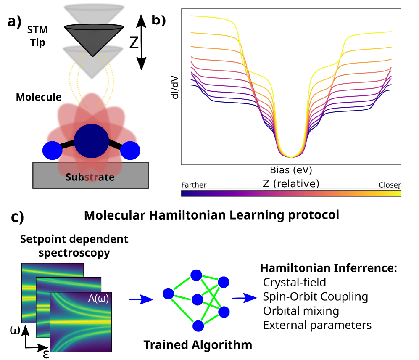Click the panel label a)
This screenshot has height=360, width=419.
point(14,21)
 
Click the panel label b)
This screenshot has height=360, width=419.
point(159,20)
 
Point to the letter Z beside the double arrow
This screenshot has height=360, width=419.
point(134,43)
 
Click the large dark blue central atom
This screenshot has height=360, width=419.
point(91,141)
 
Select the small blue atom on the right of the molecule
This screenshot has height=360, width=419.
point(130,151)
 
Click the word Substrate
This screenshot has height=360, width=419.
point(90,177)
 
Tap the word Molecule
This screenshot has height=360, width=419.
point(39,98)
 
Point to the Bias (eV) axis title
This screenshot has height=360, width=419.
point(291,169)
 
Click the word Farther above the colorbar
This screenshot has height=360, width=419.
point(194,185)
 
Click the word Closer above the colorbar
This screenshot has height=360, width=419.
point(390,185)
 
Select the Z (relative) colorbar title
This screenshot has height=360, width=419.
point(291,183)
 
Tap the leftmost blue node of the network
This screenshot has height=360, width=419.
point(168,293)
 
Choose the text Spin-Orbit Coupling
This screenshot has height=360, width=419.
point(315,296)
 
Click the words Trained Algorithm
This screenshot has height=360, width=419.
point(198,345)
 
